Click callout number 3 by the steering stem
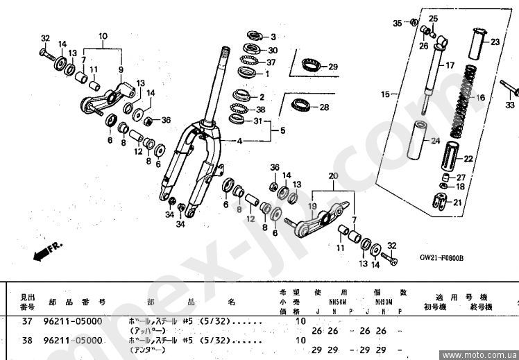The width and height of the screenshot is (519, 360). pyautogui.click(x=273, y=37)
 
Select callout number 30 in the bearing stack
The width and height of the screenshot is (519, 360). pyautogui.click(x=273, y=50)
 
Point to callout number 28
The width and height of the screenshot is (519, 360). pyautogui.click(x=324, y=108)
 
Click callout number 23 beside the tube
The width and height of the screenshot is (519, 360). pyautogui.click(x=495, y=42)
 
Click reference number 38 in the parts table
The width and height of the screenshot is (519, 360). pyautogui.click(x=28, y=341)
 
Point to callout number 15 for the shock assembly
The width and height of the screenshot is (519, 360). pyautogui.click(x=385, y=92)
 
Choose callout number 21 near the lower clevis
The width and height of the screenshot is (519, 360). pyautogui.click(x=457, y=203)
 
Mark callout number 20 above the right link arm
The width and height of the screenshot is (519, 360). pyautogui.click(x=332, y=176)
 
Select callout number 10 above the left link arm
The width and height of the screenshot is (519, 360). pyautogui.click(x=103, y=35)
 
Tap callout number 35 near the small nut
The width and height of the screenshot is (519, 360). pyautogui.click(x=398, y=23)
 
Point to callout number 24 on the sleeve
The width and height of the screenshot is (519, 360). pyautogui.click(x=435, y=141)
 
